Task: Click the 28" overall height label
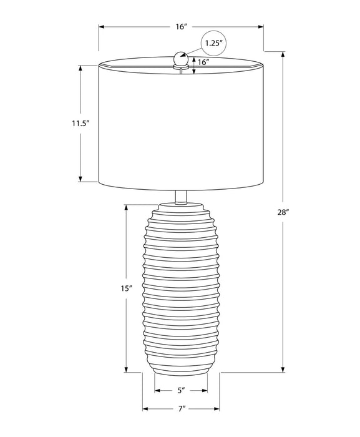[284, 212]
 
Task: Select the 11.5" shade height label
[81, 124]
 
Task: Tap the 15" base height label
[127, 288]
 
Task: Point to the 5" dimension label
[181, 391]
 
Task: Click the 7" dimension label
[181, 410]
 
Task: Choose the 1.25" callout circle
[213, 43]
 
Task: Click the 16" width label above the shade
[181, 27]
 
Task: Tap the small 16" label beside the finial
[203, 62]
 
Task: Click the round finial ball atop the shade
[181, 58]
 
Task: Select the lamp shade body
[181, 125]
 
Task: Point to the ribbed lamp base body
[181, 293]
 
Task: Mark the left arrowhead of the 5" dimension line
[157, 391]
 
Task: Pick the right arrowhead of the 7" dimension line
[218, 410]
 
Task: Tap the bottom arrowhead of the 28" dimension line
[284, 370]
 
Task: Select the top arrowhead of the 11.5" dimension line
[81, 66]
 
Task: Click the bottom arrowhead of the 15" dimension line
[127, 370]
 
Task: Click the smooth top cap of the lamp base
[181, 205]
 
